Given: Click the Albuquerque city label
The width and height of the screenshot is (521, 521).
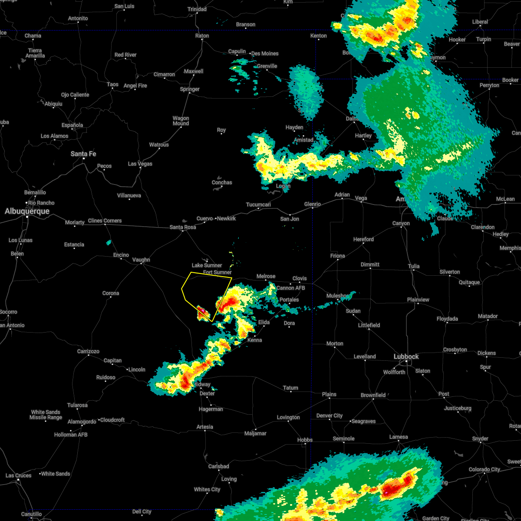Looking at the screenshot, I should [27, 211].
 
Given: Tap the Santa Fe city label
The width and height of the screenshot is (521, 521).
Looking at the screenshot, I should [83, 154].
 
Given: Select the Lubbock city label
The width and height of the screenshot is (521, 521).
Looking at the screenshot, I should [406, 356].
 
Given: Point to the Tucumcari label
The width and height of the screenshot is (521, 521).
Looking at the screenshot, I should [258, 204].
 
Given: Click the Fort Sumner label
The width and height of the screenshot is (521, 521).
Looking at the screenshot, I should [217, 272].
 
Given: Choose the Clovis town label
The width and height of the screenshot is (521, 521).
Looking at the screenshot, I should [300, 278].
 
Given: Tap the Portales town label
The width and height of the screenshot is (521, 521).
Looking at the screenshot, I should [289, 300].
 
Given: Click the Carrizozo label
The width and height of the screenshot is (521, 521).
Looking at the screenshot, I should [88, 351].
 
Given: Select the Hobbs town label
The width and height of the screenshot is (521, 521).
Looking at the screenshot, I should [305, 440].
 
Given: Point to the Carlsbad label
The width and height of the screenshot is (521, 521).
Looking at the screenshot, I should [218, 466].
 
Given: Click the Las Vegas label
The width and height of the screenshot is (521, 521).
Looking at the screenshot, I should [140, 164].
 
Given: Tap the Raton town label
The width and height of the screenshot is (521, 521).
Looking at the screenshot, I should [202, 36].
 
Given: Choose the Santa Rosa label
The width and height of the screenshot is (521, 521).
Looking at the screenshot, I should [183, 227].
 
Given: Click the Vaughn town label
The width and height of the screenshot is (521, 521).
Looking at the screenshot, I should [141, 260].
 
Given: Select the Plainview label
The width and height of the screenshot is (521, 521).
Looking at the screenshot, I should [418, 300].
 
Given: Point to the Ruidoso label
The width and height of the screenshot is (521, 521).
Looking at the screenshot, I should [106, 377].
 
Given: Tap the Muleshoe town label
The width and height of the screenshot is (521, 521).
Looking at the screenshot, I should [337, 296].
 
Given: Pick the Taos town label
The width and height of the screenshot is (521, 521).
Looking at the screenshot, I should [112, 84].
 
